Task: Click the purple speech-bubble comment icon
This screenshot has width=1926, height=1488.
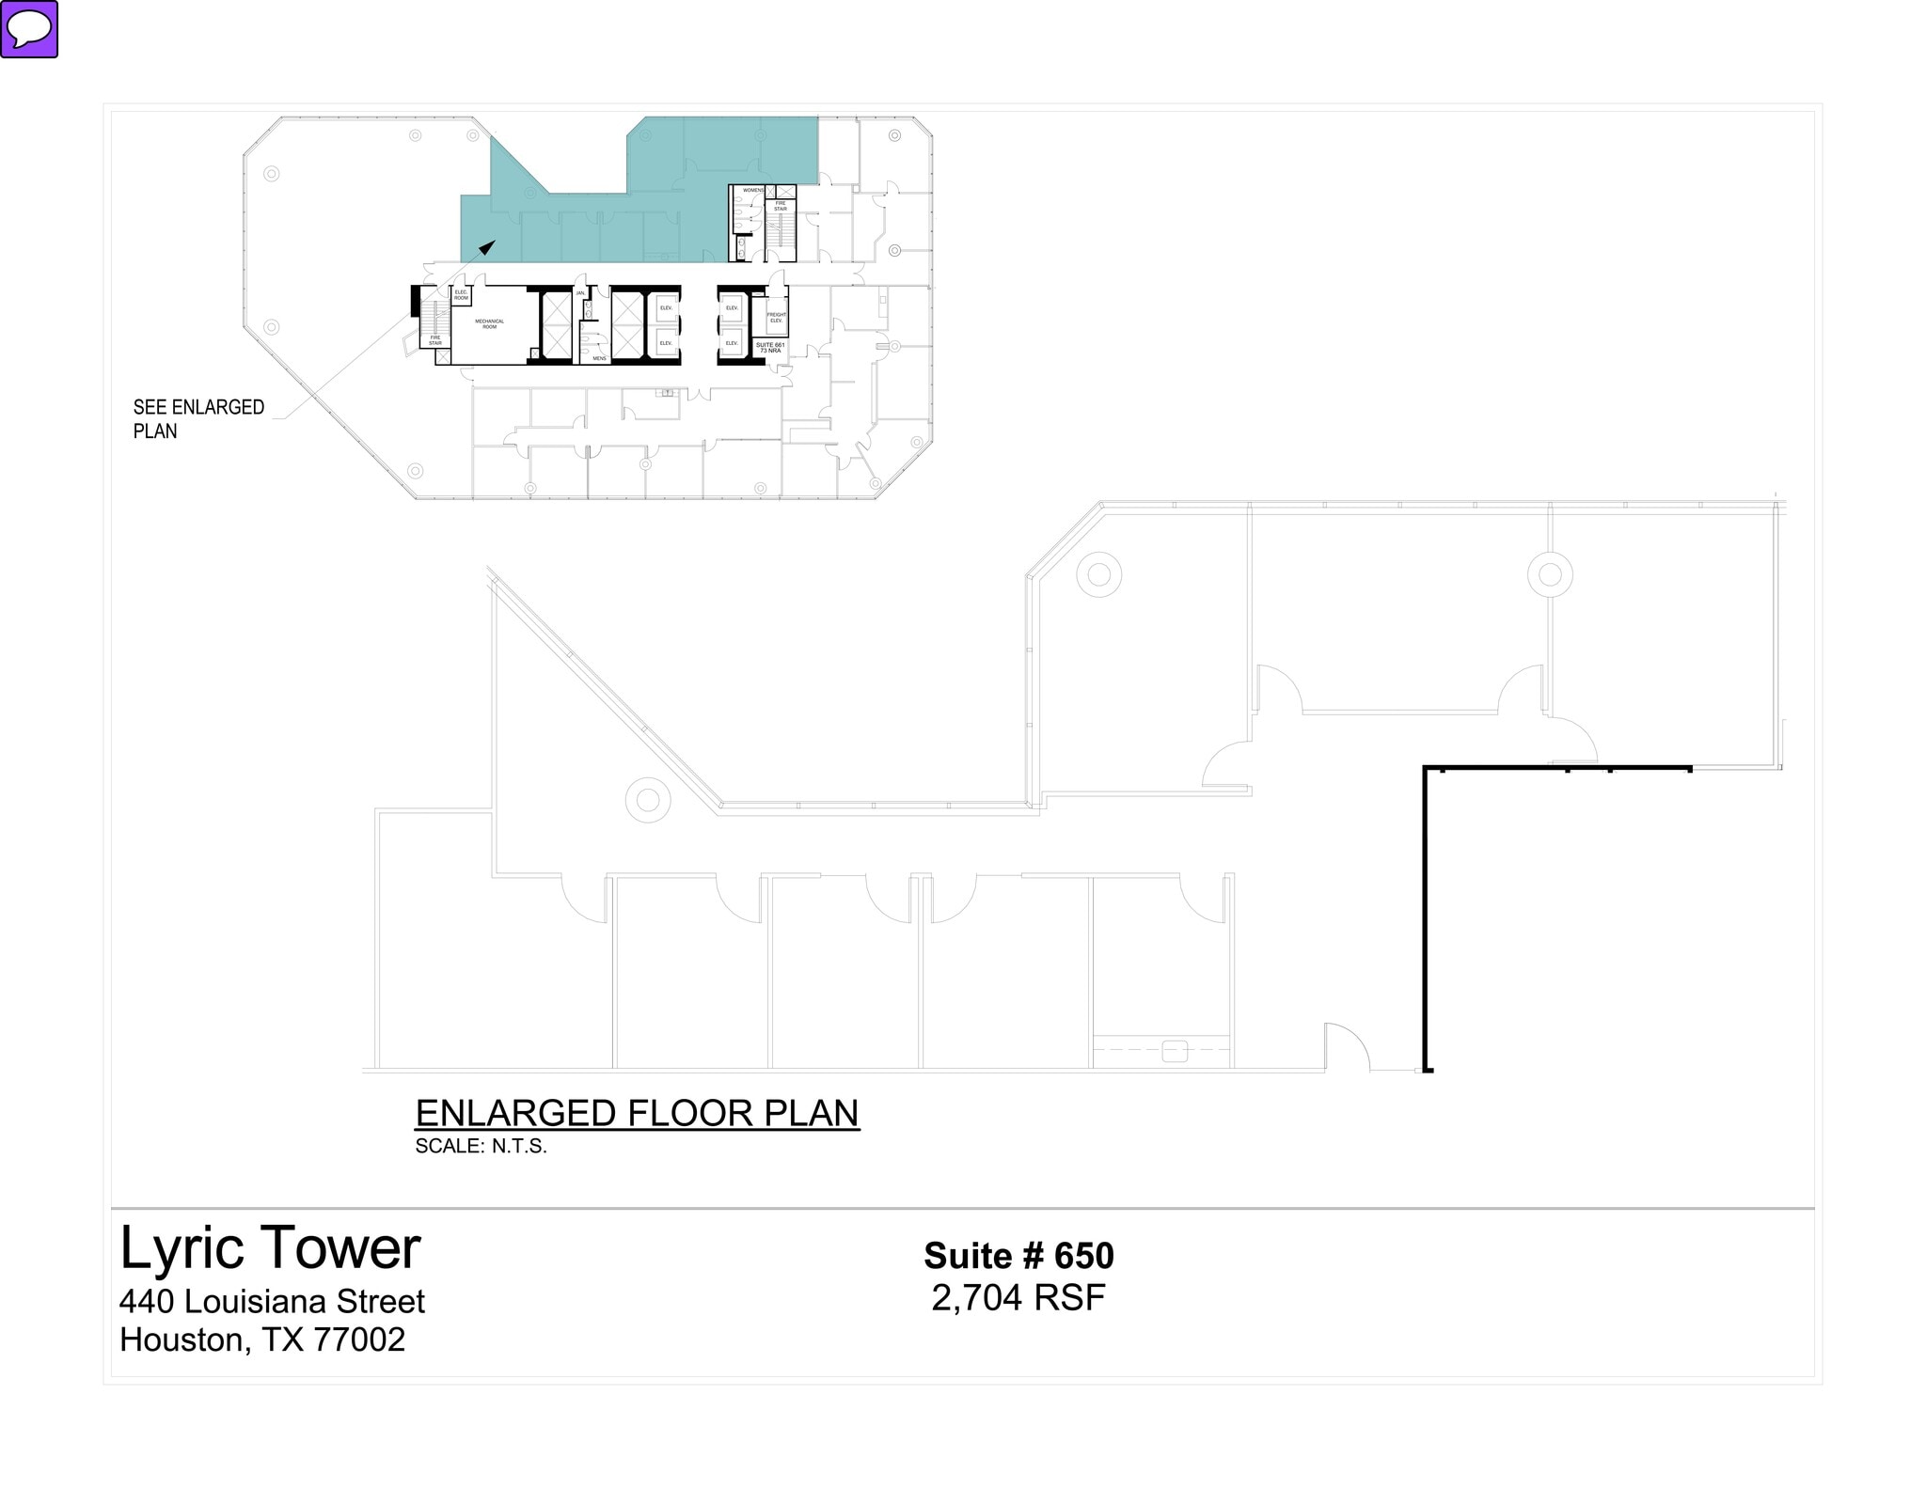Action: [30, 29]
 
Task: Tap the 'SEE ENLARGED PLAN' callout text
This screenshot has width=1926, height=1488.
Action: [198, 419]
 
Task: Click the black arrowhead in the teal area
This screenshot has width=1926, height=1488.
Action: [487, 247]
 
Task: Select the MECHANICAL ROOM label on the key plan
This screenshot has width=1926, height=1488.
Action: [489, 323]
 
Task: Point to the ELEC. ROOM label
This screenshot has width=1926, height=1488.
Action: [461, 295]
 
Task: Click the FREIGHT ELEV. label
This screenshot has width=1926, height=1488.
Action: [776, 318]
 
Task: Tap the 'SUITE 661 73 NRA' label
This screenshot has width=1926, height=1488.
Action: [770, 347]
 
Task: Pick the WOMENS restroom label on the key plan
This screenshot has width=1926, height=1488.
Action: [753, 191]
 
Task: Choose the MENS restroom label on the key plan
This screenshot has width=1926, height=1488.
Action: [599, 358]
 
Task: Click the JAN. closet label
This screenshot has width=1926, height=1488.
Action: [580, 293]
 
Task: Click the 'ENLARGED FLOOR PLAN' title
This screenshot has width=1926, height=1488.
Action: [637, 1113]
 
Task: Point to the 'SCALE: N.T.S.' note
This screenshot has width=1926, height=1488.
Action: [481, 1146]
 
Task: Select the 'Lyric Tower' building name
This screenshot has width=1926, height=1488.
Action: [270, 1248]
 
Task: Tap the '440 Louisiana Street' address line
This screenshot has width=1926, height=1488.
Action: [272, 1301]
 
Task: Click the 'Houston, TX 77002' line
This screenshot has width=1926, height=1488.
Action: [262, 1339]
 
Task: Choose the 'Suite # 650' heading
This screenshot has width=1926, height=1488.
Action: [1018, 1256]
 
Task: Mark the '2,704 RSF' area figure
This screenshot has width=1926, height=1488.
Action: [1018, 1297]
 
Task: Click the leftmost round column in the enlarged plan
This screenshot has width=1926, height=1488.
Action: [648, 800]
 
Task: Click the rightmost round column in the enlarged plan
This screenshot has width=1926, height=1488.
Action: [1550, 574]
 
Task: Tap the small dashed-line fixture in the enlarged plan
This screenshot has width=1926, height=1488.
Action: [1175, 1051]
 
